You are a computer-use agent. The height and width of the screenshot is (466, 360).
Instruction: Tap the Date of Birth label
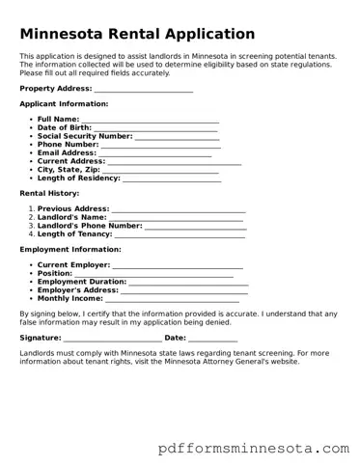(65, 128)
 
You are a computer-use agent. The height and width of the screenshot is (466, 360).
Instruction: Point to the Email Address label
(67, 153)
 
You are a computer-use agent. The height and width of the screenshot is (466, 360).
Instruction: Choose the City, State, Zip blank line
(155, 170)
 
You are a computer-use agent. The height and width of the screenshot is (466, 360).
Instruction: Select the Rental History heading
(49, 194)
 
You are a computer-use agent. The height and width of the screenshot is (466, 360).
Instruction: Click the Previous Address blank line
(179, 209)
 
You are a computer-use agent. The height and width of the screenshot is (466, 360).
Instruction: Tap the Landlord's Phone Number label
(90, 226)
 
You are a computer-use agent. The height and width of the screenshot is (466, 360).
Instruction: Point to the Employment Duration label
(81, 282)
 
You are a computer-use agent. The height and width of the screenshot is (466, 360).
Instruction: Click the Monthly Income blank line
(173, 299)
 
